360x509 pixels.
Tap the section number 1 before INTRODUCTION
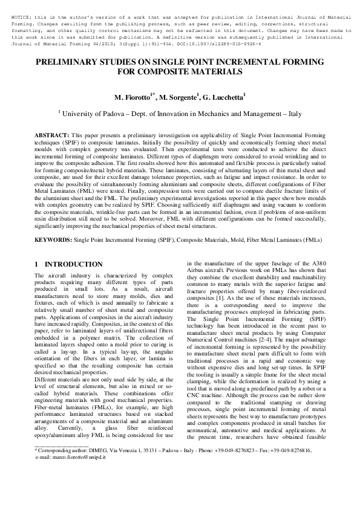tap(37, 265)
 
